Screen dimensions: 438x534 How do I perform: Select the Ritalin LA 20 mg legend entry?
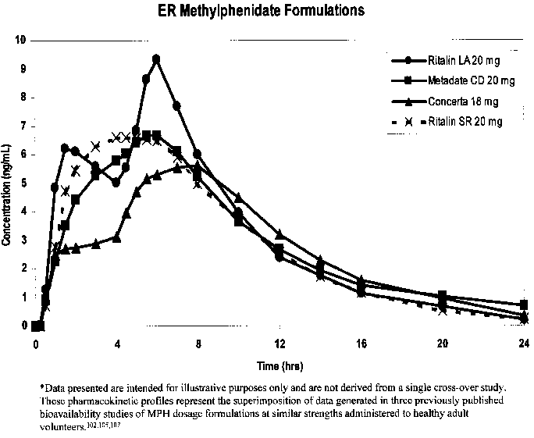[461, 60]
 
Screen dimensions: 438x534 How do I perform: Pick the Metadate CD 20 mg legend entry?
[461, 80]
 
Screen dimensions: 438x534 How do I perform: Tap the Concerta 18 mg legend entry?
[461, 101]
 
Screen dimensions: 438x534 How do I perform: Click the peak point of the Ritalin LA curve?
[156, 59]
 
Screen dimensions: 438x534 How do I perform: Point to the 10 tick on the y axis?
[22, 40]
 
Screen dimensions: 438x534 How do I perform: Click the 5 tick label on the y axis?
[23, 183]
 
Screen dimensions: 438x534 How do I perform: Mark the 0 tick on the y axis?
[23, 326]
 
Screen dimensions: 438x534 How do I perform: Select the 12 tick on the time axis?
[279, 344]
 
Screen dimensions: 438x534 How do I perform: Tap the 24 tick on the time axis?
[524, 344]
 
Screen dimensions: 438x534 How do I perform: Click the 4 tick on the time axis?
[117, 344]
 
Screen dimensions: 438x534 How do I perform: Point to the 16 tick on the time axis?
[361, 344]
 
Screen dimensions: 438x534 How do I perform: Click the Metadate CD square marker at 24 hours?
[524, 305]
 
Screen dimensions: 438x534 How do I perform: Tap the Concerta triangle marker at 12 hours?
[279, 234]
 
